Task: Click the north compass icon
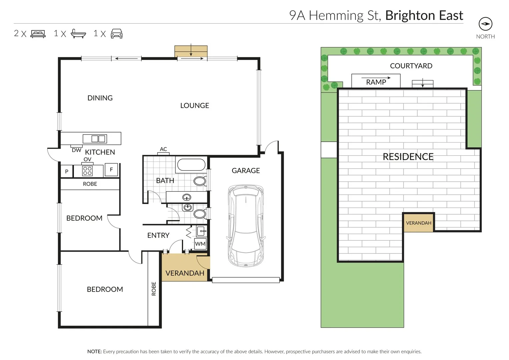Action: (x=485, y=24)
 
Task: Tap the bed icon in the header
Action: (x=38, y=34)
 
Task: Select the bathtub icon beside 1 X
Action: (x=78, y=34)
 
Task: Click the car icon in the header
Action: (x=116, y=34)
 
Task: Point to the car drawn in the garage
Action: (x=246, y=226)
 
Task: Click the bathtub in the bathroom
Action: (x=191, y=165)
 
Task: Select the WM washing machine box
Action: (x=200, y=244)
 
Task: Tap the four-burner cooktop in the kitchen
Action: (x=87, y=171)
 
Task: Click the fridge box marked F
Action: (x=111, y=170)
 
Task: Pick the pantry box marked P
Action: (x=67, y=172)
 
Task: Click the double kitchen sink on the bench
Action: (x=99, y=139)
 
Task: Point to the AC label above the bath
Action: (x=163, y=149)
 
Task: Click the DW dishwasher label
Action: (x=76, y=150)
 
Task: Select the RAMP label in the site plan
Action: (x=376, y=82)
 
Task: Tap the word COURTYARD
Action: (x=411, y=66)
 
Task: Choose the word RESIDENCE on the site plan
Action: (x=408, y=157)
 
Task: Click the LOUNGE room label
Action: (x=194, y=106)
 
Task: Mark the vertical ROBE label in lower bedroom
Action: (x=154, y=289)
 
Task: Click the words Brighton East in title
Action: (x=424, y=16)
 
